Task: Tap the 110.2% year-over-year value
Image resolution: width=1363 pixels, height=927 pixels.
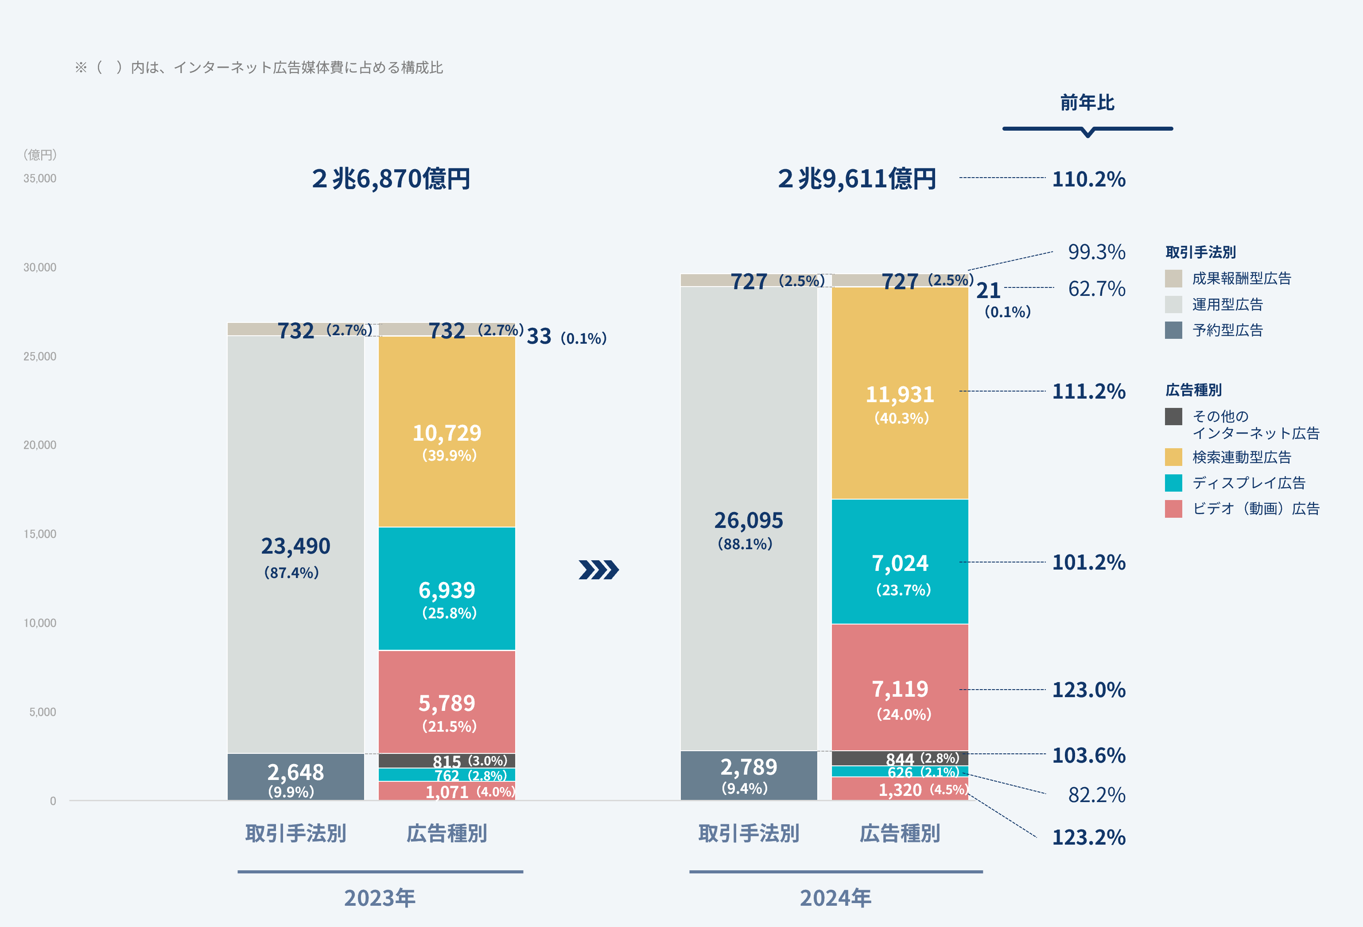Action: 1088,179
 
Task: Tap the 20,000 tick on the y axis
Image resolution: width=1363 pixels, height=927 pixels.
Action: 40,445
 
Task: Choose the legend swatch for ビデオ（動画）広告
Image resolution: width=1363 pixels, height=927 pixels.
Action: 1173,508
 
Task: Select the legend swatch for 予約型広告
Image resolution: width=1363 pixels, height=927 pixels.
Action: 1173,330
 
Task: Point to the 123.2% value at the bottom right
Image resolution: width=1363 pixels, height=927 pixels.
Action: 1088,837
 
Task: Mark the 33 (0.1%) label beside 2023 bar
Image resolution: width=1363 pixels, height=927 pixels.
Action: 566,337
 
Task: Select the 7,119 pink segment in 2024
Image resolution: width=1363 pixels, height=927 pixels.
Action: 900,690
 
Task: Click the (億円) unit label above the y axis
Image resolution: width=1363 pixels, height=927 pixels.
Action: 40,155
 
